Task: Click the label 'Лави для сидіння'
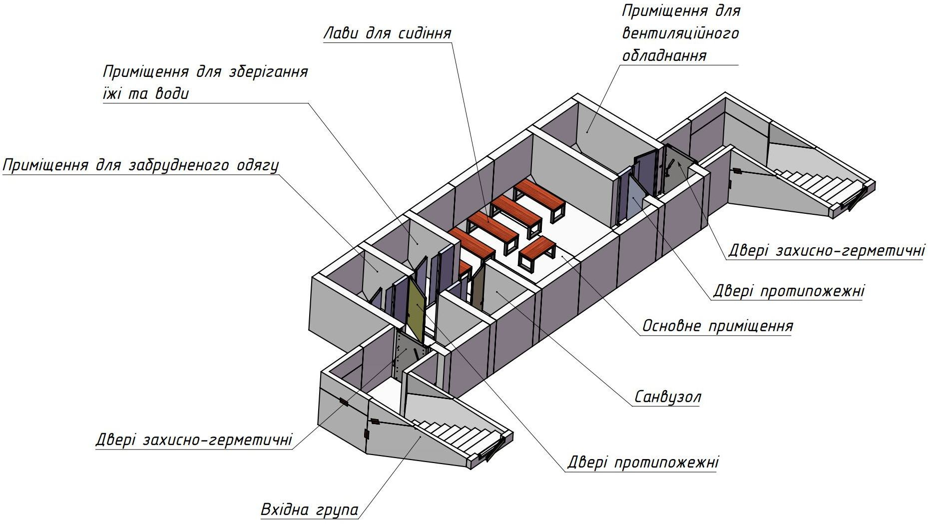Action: [x=388, y=33]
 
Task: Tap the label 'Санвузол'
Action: [x=668, y=397]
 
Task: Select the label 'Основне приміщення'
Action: [x=717, y=326]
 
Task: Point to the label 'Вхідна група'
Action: [x=310, y=510]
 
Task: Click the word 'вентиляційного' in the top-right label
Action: [x=680, y=33]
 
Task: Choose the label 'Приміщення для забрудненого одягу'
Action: [x=141, y=165]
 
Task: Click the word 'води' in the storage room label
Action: [x=171, y=94]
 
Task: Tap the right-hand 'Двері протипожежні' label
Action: [x=788, y=291]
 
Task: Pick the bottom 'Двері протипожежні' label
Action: [x=643, y=462]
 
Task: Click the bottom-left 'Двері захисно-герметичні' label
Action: [x=194, y=440]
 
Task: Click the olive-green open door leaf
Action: [x=415, y=310]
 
